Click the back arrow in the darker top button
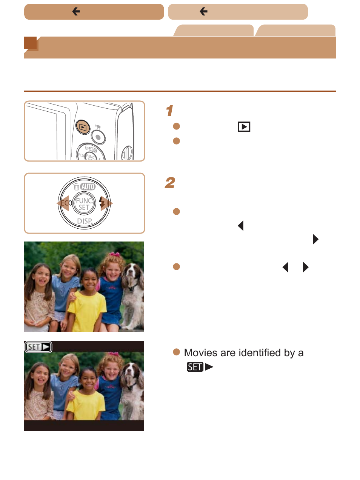tap(76, 11)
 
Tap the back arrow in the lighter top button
tap(203, 11)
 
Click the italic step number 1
tap(169, 111)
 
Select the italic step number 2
tap(170, 183)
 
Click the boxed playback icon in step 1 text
tap(244, 127)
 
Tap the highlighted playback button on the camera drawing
tap(83, 127)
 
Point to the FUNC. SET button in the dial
tap(84, 203)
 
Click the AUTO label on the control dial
tap(88, 186)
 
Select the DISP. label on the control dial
tap(85, 221)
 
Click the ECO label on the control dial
tap(66, 203)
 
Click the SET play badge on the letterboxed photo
tap(38, 347)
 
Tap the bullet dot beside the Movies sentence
tap(176, 352)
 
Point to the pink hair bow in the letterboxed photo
tap(114, 354)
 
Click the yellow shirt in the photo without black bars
tap(87, 310)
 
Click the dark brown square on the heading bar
tap(30, 43)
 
